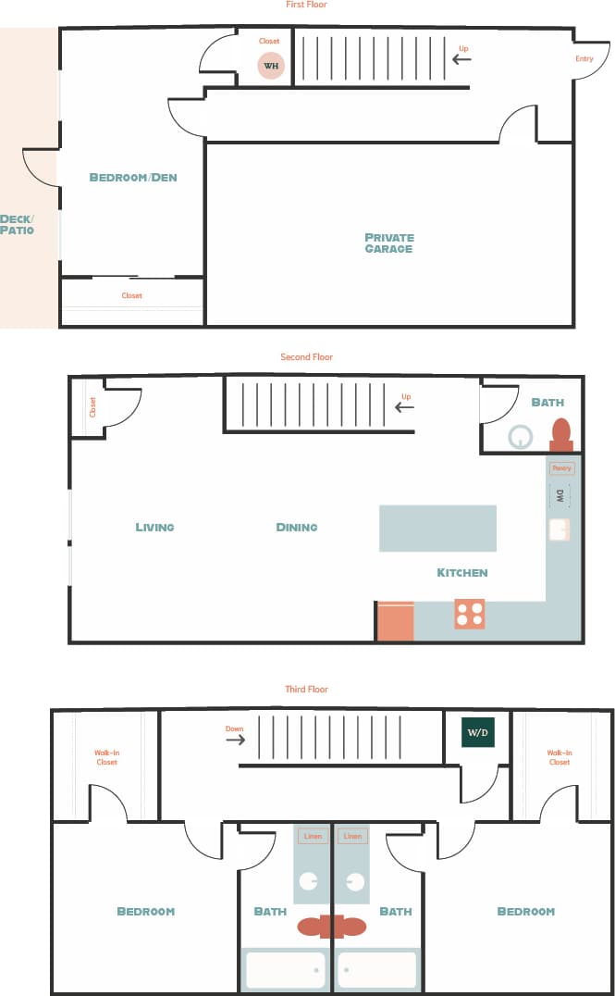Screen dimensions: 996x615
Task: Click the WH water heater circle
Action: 270,66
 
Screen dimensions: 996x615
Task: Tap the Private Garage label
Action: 388,243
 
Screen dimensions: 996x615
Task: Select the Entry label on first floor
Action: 584,59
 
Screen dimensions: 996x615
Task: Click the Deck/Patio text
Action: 17,224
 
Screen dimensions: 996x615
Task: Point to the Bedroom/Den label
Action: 133,177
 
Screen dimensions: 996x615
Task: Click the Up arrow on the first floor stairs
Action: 461,59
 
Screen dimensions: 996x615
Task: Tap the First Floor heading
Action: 306,6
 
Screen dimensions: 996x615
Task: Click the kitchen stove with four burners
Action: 470,614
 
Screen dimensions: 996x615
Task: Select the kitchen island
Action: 437,529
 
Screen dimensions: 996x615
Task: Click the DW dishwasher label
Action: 560,496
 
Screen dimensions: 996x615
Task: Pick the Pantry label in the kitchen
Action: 561,468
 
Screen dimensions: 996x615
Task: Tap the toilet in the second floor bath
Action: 560,433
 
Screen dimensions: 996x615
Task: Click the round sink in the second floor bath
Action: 522,436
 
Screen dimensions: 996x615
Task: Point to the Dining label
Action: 297,527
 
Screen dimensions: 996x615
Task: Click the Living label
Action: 154,527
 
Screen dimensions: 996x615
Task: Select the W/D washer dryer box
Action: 477,732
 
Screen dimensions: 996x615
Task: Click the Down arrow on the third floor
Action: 236,739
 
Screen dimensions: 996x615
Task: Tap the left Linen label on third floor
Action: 313,836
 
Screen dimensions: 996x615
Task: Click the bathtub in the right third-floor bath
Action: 377,969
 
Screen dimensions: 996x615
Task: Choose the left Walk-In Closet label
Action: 106,757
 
